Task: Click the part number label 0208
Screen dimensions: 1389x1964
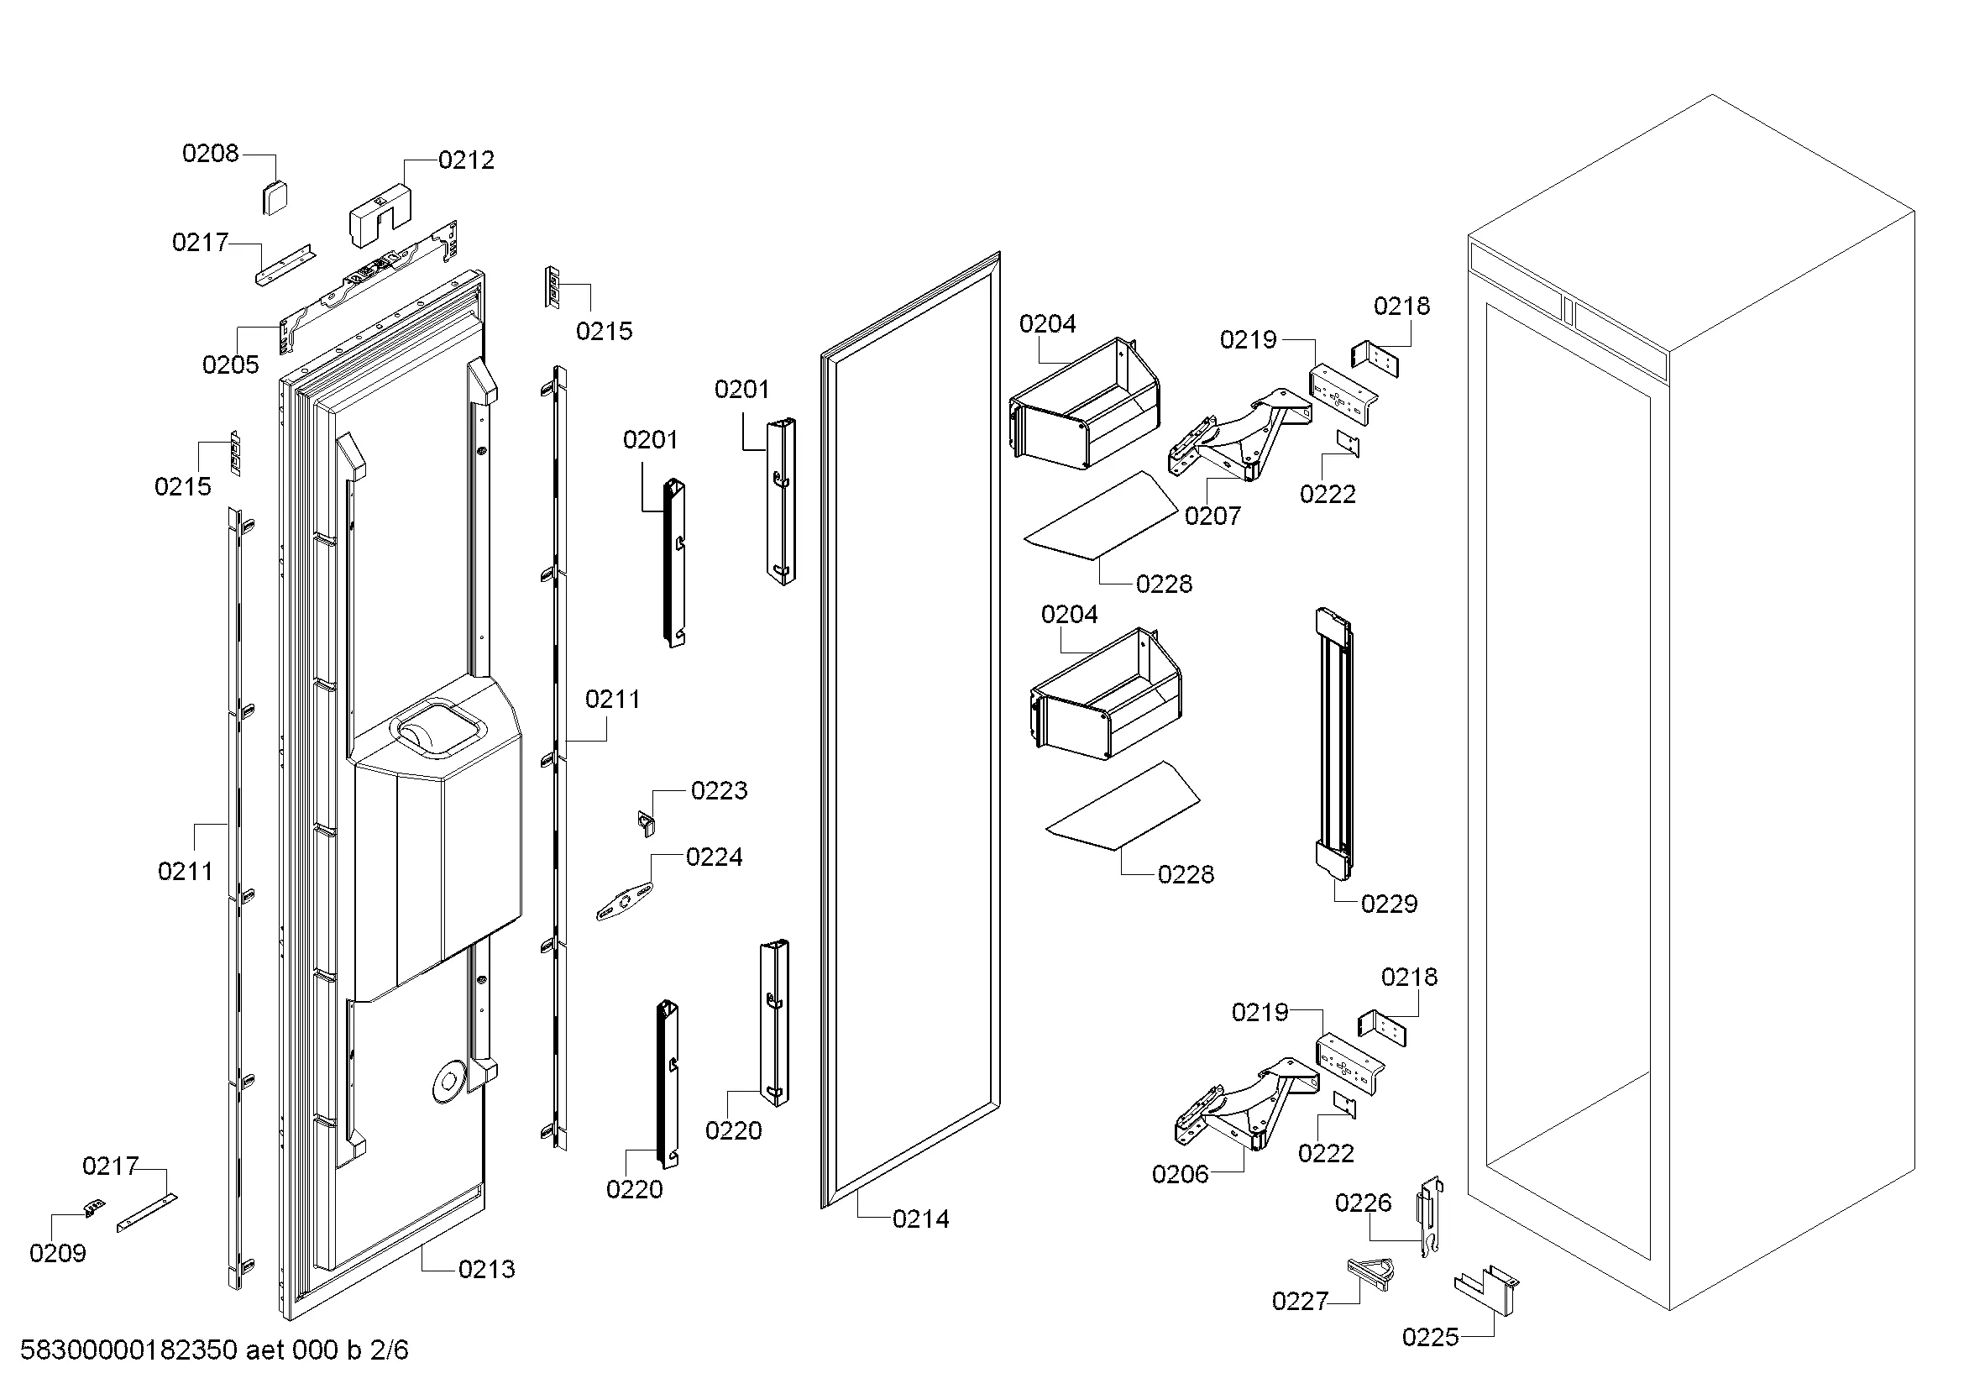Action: (x=210, y=154)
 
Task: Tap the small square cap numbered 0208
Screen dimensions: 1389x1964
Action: (x=274, y=198)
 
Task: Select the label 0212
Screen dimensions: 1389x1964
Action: (x=465, y=160)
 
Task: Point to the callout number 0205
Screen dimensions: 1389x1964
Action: (x=230, y=365)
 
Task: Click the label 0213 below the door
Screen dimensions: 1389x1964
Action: (x=486, y=1269)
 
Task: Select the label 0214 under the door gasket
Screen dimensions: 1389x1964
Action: (x=920, y=1219)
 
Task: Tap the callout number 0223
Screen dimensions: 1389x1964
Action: (x=719, y=791)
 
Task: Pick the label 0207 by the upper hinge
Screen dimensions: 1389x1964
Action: (x=1212, y=516)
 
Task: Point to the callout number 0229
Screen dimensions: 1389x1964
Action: (x=1388, y=904)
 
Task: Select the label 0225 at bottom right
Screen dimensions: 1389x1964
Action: (x=1429, y=1338)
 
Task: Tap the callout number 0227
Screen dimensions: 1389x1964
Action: (x=1299, y=1302)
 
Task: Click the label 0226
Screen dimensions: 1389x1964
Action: (x=1363, y=1203)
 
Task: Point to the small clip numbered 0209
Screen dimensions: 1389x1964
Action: (x=95, y=1208)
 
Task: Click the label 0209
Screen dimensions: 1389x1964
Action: (x=57, y=1254)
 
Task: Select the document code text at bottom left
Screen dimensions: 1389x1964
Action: (x=214, y=1350)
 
